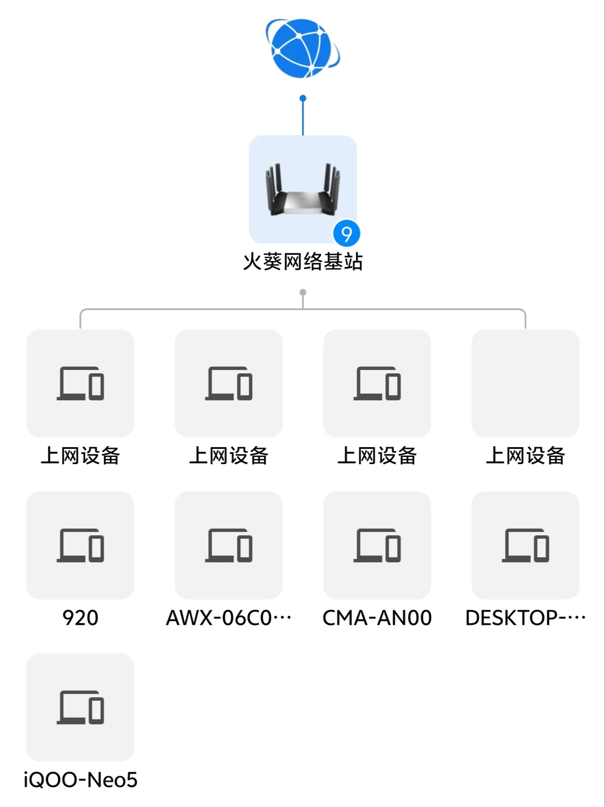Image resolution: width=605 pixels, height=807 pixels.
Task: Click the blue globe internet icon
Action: pyautogui.click(x=302, y=48)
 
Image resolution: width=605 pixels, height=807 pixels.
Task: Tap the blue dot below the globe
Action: pyautogui.click(x=303, y=99)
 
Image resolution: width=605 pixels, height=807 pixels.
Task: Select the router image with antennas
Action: pyautogui.click(x=303, y=189)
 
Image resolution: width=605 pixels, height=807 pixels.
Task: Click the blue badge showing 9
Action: pyautogui.click(x=347, y=234)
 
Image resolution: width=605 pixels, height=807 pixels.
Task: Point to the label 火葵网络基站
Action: pyautogui.click(x=303, y=262)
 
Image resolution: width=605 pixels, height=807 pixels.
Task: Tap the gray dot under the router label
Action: pyautogui.click(x=303, y=293)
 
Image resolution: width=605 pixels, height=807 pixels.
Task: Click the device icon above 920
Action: pyautogui.click(x=80, y=545)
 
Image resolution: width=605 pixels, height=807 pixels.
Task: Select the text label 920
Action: pyautogui.click(x=80, y=618)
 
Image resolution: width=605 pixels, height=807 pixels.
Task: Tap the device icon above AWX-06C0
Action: pyautogui.click(x=229, y=545)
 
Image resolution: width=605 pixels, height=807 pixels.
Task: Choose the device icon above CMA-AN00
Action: pyautogui.click(x=377, y=545)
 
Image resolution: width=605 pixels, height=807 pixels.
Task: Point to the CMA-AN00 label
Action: pyautogui.click(x=377, y=618)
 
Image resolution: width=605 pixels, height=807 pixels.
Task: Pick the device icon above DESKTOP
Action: pyautogui.click(x=525, y=545)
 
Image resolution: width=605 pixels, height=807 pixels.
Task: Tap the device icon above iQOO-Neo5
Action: pyautogui.click(x=80, y=707)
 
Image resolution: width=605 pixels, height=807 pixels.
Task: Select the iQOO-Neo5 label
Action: pyautogui.click(x=80, y=780)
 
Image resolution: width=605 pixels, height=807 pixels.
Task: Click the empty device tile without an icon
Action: pyautogui.click(x=525, y=383)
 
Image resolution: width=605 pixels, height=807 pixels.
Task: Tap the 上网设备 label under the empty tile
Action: pyautogui.click(x=525, y=456)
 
